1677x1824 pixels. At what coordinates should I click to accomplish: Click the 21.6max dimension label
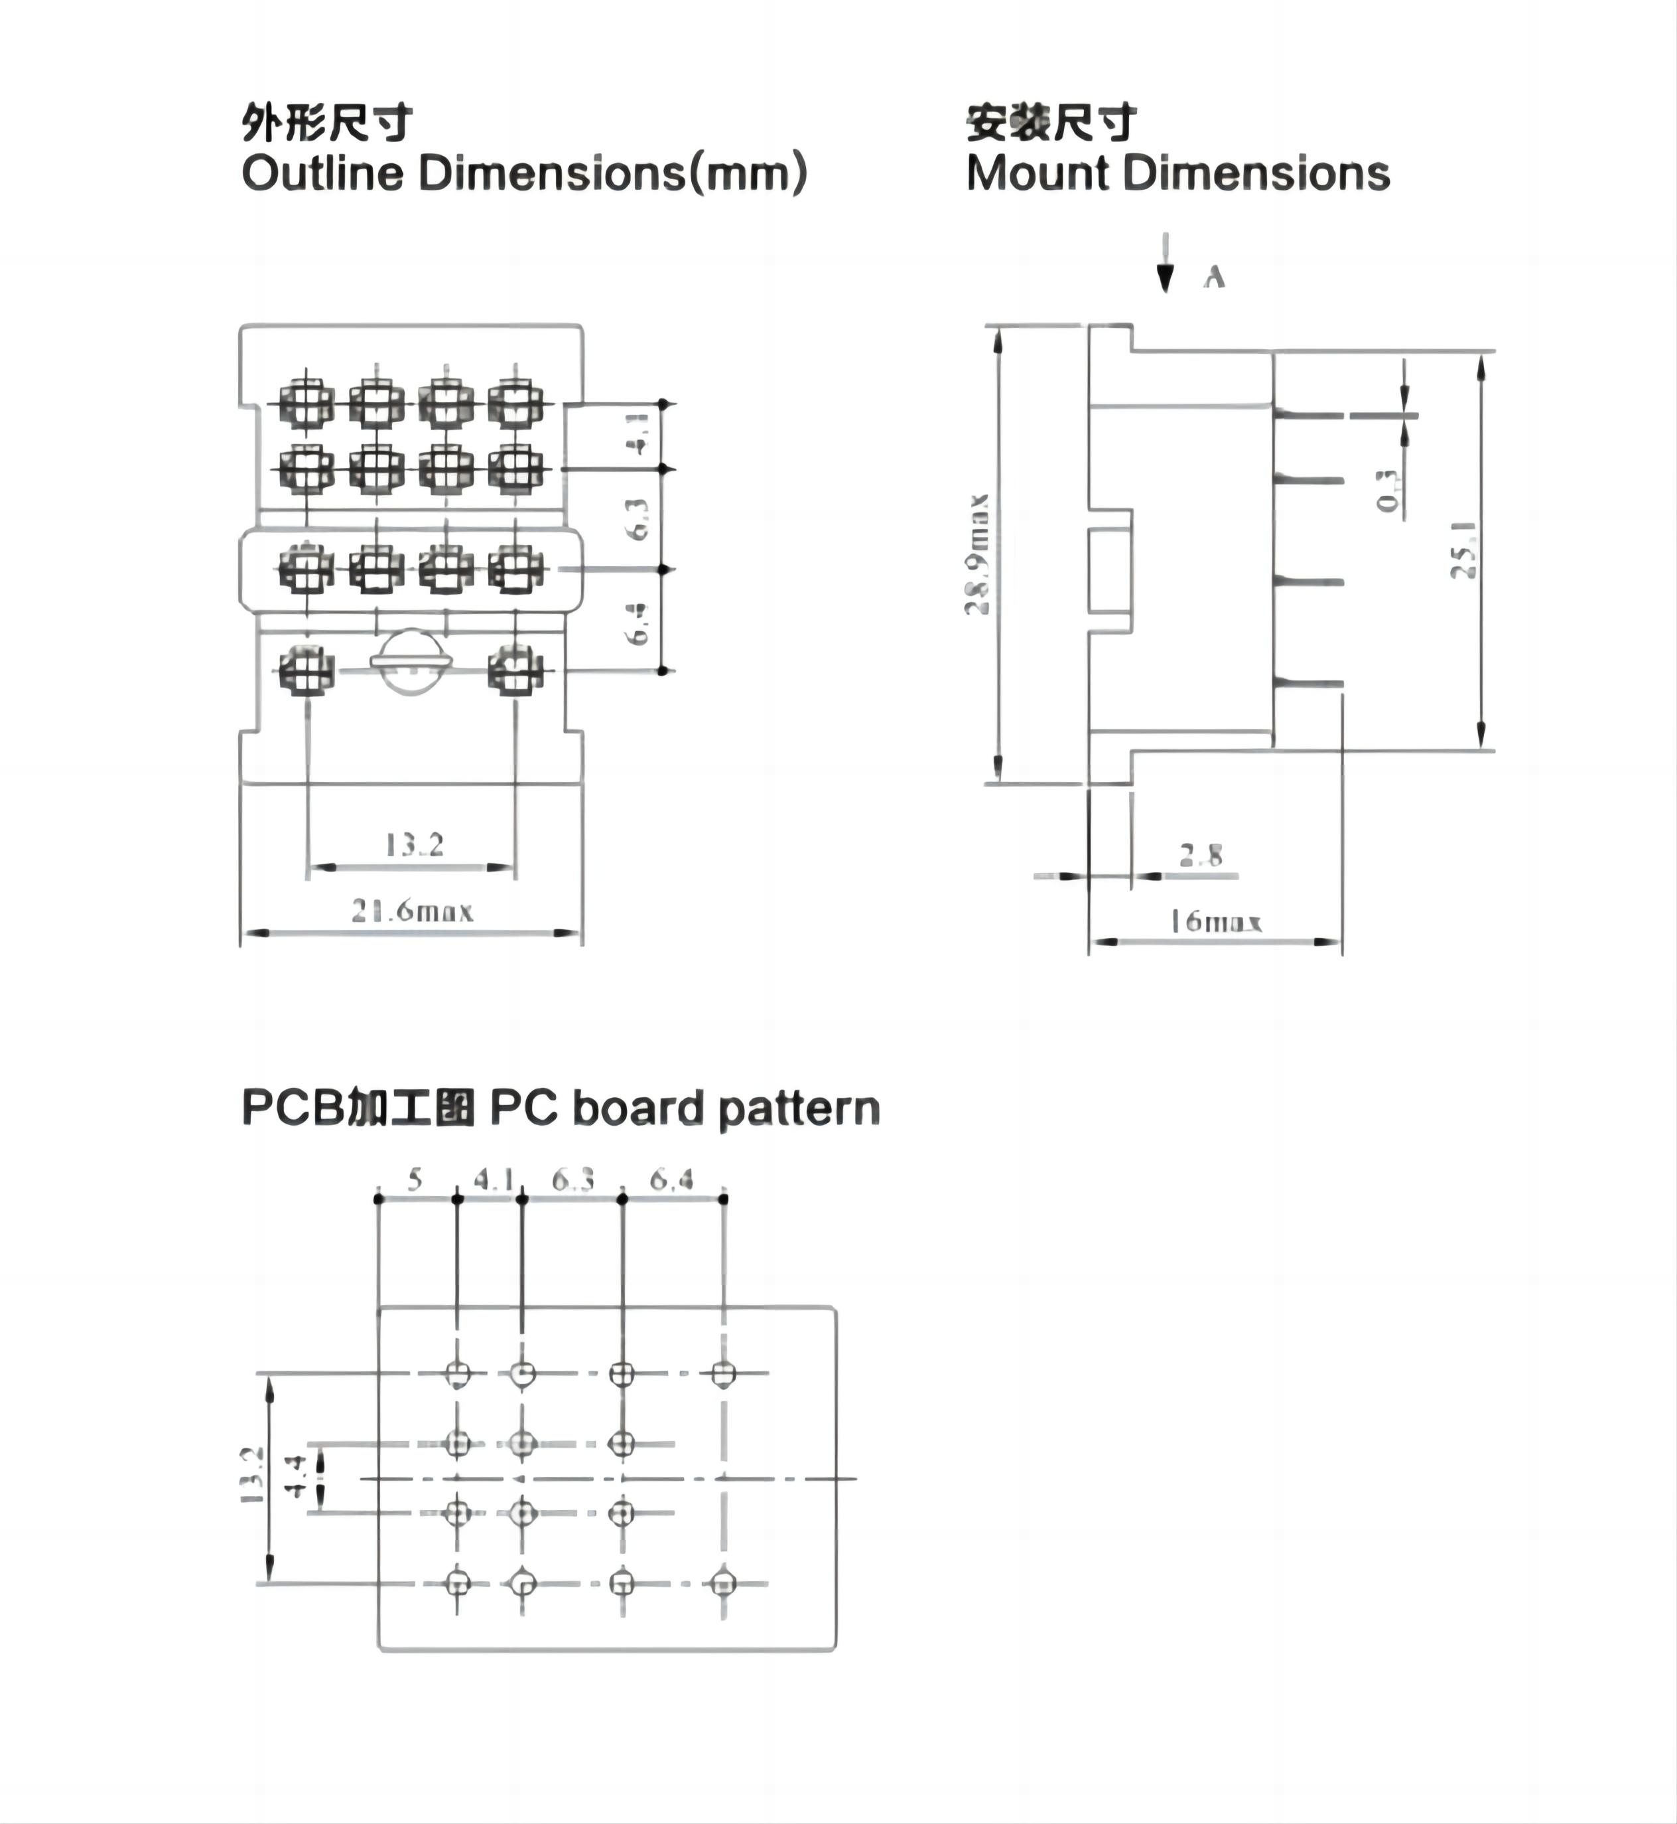point(413,911)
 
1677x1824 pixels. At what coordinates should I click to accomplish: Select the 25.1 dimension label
point(1463,550)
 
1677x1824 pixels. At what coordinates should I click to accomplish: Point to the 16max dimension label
point(1215,923)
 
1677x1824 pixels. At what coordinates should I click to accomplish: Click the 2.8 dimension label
point(1201,854)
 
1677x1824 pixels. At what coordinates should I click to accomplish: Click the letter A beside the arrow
point(1214,277)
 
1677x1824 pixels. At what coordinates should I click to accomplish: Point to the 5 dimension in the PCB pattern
point(415,1179)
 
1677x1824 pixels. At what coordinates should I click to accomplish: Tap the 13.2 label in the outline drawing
point(414,845)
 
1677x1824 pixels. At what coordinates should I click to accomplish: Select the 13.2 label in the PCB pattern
point(251,1476)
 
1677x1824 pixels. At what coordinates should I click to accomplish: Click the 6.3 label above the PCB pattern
point(572,1179)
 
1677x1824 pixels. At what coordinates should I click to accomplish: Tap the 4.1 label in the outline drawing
point(639,434)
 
